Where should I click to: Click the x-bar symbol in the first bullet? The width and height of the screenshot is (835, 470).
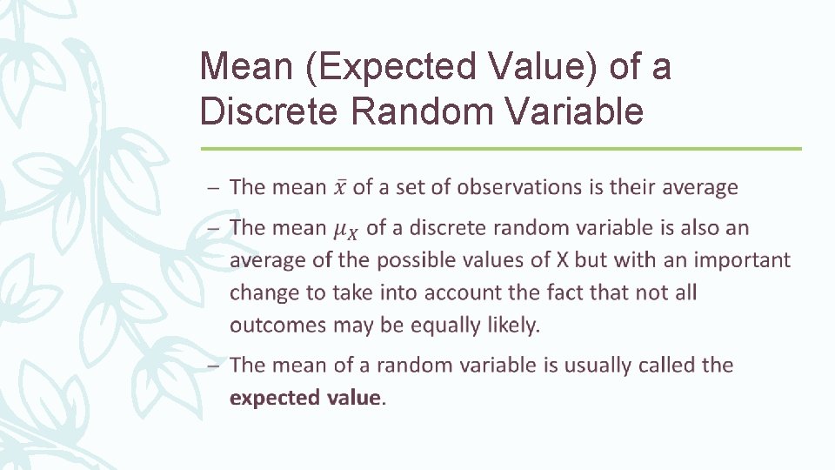(x=341, y=187)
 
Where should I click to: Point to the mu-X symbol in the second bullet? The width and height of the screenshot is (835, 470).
(x=345, y=230)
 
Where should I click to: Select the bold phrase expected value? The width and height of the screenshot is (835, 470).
(x=305, y=398)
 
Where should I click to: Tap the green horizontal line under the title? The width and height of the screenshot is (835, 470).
(x=500, y=149)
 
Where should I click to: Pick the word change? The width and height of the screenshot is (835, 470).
(x=264, y=293)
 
